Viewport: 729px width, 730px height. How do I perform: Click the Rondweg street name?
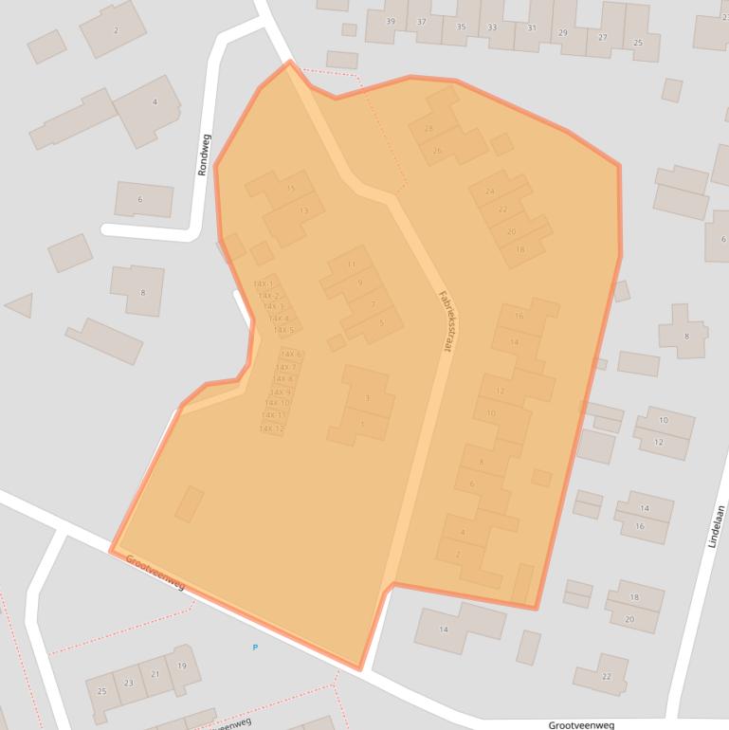tap(204, 155)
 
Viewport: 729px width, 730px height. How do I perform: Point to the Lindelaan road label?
tap(717, 525)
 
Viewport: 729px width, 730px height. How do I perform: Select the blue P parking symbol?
tap(254, 648)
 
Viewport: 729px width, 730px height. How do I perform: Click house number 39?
tap(391, 22)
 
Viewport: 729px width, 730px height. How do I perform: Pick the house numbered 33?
tap(491, 27)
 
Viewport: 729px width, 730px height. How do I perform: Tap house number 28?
tap(428, 128)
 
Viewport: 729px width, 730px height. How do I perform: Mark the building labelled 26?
tap(437, 151)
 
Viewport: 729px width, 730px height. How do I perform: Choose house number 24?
tap(490, 191)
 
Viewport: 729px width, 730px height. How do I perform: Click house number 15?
tap(290, 189)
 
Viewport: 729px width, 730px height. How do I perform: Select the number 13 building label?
tap(303, 210)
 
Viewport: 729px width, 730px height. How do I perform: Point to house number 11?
tap(352, 264)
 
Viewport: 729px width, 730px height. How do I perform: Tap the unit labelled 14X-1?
tap(264, 283)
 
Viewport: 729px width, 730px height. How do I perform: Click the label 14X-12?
tap(272, 429)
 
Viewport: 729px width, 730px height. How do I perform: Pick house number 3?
tap(367, 398)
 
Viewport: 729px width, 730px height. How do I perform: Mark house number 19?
tap(181, 666)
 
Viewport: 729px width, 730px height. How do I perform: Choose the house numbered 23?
tap(129, 682)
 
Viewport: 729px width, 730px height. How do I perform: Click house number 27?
tap(602, 38)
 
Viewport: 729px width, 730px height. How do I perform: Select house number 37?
tap(422, 22)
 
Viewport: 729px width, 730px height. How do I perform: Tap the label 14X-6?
tap(290, 354)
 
